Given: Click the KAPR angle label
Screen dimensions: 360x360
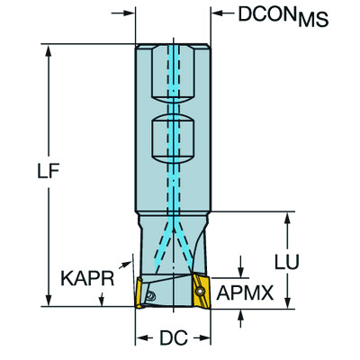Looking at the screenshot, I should [x=87, y=281].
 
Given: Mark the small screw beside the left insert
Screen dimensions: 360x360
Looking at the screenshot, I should [x=154, y=293].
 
